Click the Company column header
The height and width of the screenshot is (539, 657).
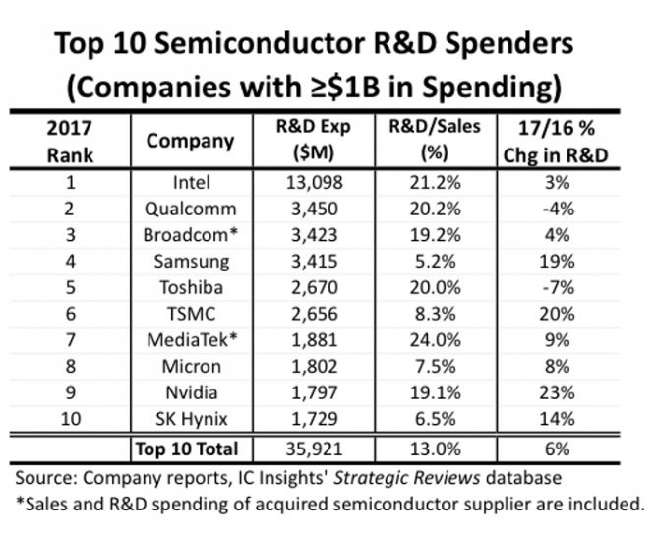click(x=190, y=141)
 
